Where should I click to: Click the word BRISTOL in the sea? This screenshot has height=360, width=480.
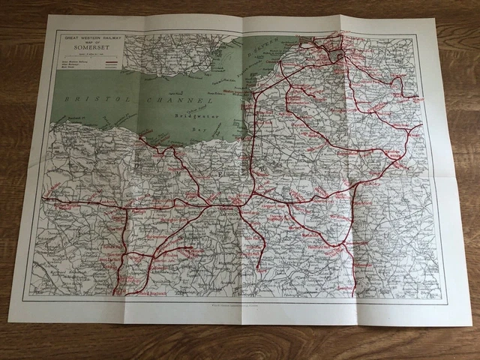pyautogui.click(x=88, y=98)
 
